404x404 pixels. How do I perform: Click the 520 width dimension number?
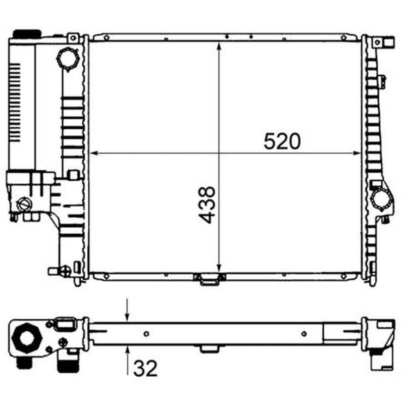[282, 141]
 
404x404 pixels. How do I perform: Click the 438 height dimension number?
[207, 205]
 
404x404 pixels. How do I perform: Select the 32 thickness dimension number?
[145, 369]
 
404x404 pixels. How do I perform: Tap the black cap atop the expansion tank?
[27, 34]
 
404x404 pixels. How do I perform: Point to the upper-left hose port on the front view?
[68, 59]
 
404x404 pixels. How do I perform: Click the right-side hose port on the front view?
[381, 199]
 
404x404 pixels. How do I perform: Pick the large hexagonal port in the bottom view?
[27, 337]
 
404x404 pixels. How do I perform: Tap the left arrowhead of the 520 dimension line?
[94, 154]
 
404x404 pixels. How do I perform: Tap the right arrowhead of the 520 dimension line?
[357, 154]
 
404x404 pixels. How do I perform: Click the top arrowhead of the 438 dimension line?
[219, 46]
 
